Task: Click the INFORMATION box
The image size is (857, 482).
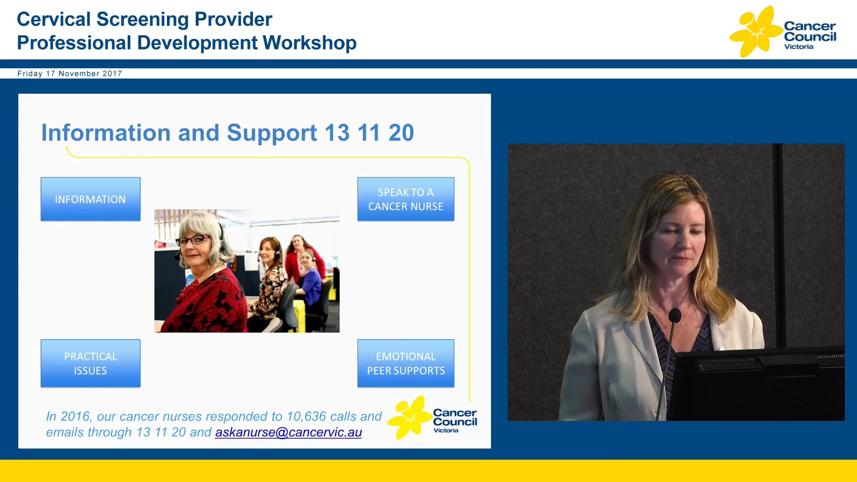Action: (90, 199)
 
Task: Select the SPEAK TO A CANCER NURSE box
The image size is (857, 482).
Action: (405, 199)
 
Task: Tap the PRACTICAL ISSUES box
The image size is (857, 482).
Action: (90, 363)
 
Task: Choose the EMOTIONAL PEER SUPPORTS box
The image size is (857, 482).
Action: (405, 363)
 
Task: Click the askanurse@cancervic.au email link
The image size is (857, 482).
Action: (288, 432)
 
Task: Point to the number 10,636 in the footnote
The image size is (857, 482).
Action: (306, 416)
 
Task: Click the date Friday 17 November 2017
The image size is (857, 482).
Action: (70, 74)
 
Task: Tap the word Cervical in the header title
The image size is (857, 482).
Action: (54, 19)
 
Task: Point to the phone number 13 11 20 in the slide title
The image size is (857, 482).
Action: (369, 133)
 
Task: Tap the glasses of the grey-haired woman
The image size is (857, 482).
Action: (193, 241)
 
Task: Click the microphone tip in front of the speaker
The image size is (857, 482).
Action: (674, 315)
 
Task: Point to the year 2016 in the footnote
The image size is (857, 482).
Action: (75, 416)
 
